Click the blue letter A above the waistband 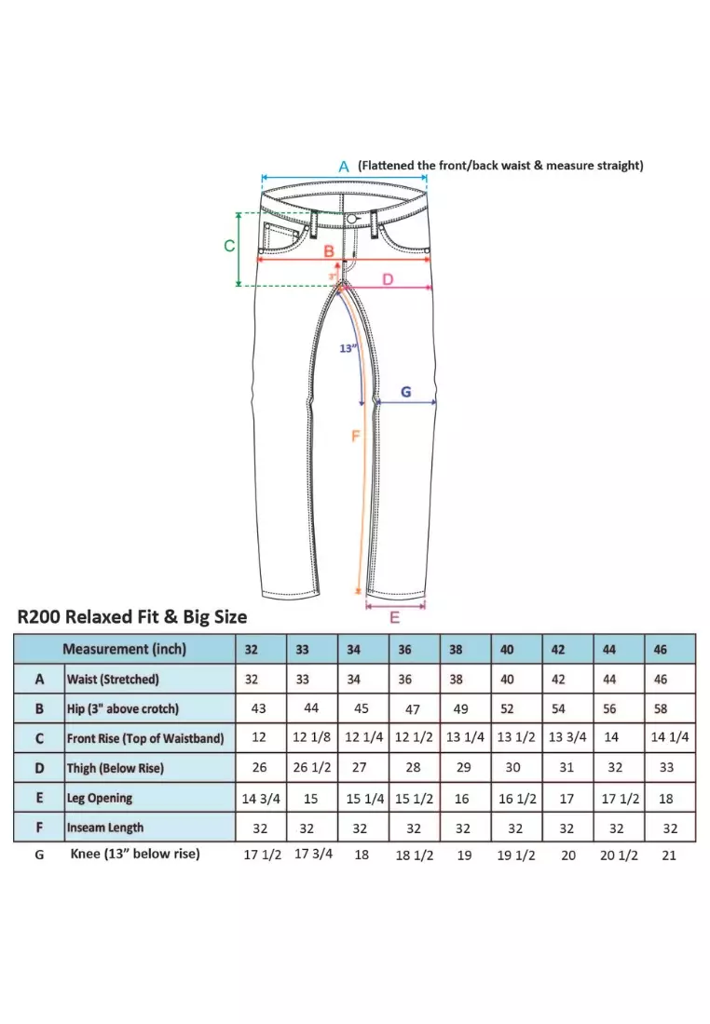(343, 166)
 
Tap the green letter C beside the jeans (228, 246)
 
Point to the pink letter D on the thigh (388, 279)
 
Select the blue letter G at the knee (406, 392)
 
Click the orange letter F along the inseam (355, 436)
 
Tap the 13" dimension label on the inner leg (348, 349)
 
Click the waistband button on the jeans (352, 218)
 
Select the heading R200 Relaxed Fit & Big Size (132, 616)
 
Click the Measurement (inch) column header (124, 649)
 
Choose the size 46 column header (660, 650)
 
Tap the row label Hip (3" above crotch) (122, 708)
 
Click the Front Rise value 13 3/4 (567, 738)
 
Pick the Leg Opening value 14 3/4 (260, 798)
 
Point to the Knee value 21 (668, 856)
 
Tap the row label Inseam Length (104, 827)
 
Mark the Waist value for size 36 (405, 680)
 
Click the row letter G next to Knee (39, 854)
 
